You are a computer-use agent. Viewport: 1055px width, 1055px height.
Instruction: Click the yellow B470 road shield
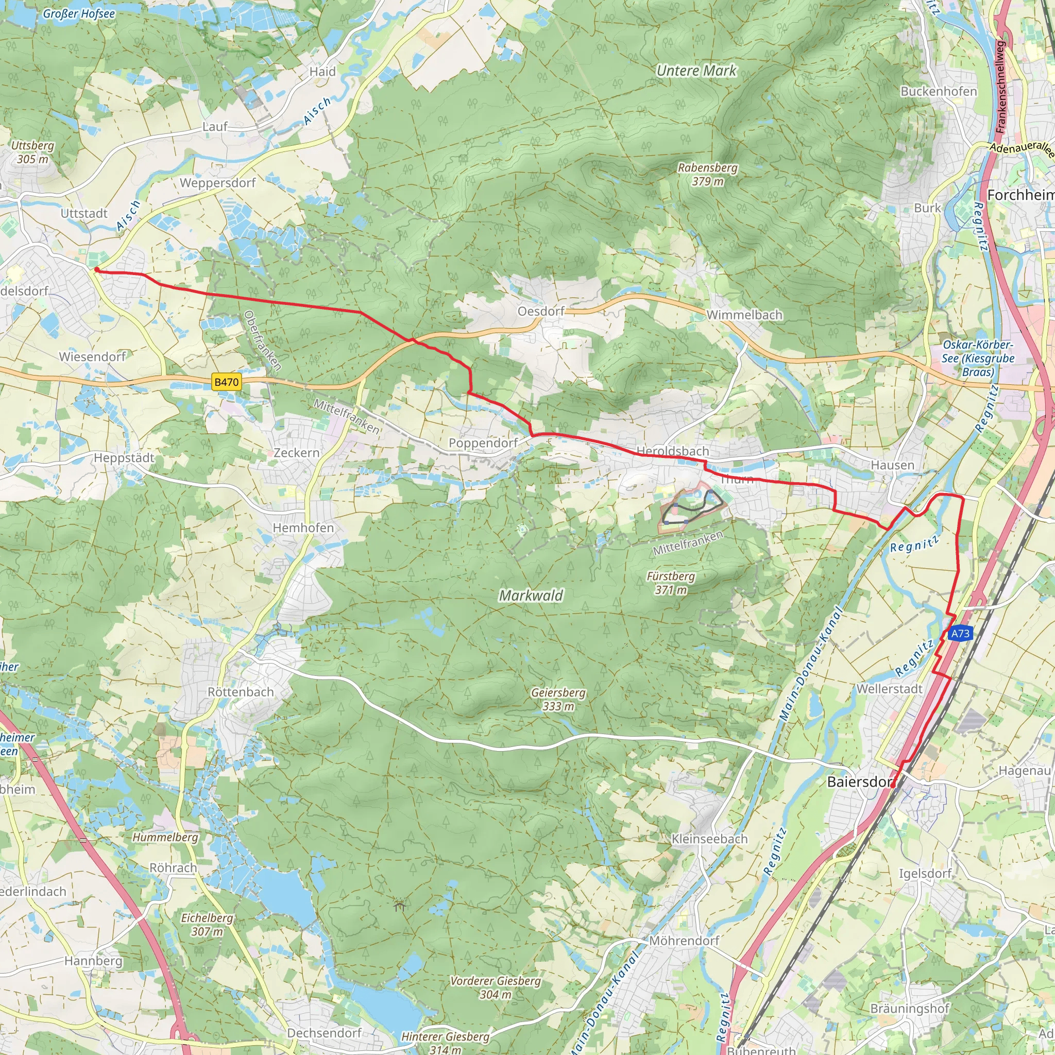click(x=226, y=382)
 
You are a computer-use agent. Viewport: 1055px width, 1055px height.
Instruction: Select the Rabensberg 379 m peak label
click(x=707, y=174)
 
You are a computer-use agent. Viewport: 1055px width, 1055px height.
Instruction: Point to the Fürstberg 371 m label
click(x=671, y=583)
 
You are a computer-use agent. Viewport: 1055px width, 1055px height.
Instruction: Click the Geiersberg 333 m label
click(x=558, y=699)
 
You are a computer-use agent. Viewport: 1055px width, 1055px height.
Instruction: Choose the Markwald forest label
click(x=530, y=595)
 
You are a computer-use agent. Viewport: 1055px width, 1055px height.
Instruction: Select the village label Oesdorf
click(x=540, y=311)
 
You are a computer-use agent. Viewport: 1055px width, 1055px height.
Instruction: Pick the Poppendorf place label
click(x=483, y=443)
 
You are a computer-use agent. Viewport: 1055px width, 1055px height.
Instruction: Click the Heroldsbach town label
click(x=672, y=451)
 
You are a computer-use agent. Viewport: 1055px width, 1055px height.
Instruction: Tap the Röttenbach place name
click(x=240, y=692)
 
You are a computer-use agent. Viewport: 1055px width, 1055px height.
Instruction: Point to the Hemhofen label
click(x=303, y=527)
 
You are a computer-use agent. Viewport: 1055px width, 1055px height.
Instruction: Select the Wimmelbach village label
click(x=744, y=315)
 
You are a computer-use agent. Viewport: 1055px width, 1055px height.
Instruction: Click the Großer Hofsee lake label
click(x=79, y=14)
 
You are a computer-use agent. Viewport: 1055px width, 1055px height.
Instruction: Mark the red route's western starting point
click(x=96, y=269)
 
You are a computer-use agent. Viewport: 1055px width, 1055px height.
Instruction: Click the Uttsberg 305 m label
click(x=32, y=152)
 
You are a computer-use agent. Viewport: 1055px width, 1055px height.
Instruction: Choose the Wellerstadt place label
click(x=889, y=689)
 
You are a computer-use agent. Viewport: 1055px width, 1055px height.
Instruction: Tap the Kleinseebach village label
click(x=709, y=839)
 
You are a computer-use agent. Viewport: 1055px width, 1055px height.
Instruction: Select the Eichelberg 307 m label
click(x=207, y=925)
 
